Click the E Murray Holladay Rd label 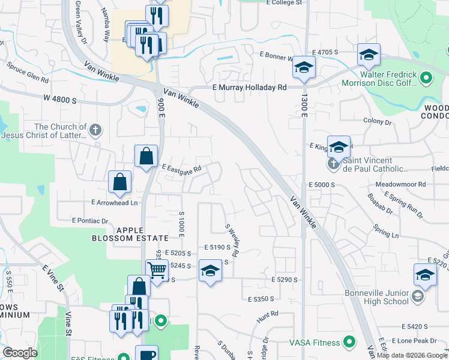249,88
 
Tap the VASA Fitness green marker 348,343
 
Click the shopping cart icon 157,270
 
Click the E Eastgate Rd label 180,169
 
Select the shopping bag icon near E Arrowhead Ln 120,181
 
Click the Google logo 20,353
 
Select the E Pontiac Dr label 89,221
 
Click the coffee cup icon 146,354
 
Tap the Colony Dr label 377,121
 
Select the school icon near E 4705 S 367,55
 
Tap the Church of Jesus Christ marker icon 95,130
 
